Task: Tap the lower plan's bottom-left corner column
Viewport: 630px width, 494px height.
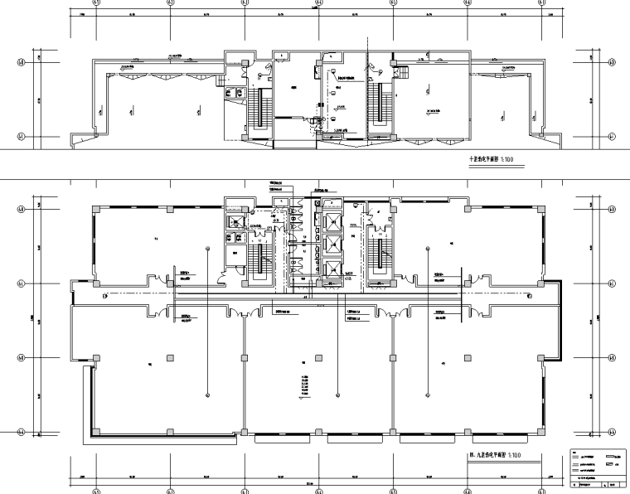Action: click(x=96, y=432)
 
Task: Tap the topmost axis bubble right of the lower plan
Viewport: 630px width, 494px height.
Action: click(x=612, y=208)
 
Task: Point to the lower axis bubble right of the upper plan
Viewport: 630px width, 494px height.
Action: click(x=612, y=136)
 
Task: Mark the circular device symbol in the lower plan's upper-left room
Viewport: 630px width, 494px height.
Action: click(x=206, y=249)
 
